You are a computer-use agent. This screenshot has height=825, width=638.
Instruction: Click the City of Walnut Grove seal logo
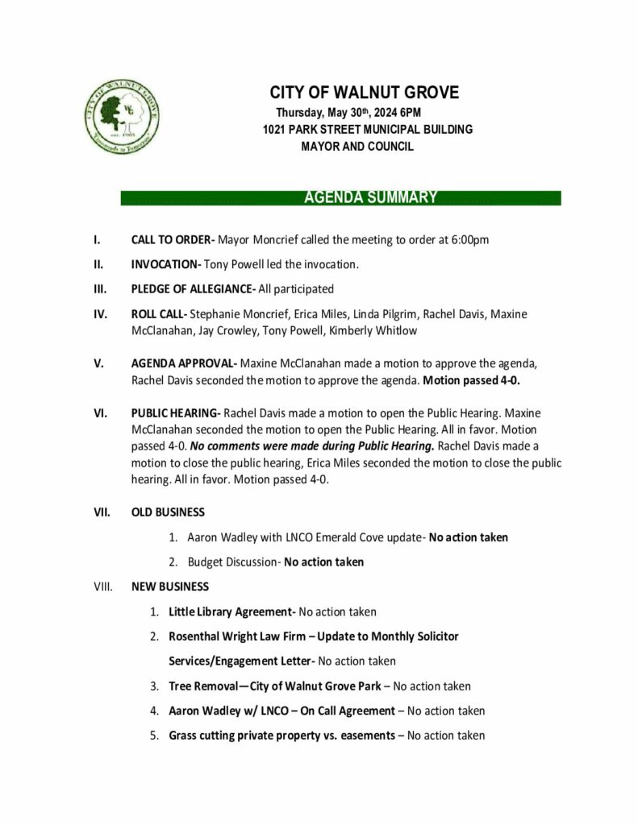(x=121, y=117)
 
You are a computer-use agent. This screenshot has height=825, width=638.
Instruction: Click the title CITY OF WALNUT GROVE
(x=364, y=93)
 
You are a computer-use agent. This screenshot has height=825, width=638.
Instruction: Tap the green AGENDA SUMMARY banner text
(x=370, y=197)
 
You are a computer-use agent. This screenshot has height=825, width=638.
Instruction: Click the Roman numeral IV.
(x=100, y=314)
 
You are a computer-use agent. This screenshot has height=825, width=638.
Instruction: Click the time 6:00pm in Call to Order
(x=469, y=239)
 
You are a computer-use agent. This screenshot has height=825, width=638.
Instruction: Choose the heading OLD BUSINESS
(x=168, y=512)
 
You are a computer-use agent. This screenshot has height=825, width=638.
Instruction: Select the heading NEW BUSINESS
(x=170, y=587)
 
